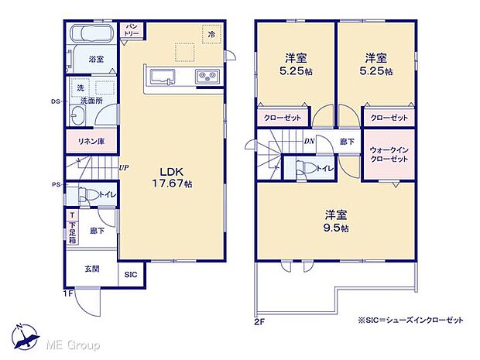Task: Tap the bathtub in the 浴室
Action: click(x=91, y=36)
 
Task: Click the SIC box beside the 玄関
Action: click(x=130, y=274)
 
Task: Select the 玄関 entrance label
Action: click(x=91, y=269)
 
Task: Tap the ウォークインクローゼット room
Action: click(x=388, y=153)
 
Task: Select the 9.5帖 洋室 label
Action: click(x=335, y=221)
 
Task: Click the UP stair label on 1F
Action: click(x=125, y=166)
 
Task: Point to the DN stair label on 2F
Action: click(x=308, y=141)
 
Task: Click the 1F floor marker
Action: click(x=68, y=294)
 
